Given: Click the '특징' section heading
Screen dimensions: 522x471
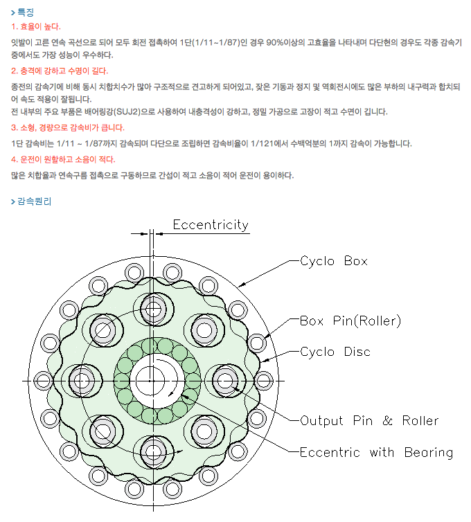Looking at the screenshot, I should (26, 12).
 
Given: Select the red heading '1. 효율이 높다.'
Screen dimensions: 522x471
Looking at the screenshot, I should (36, 26).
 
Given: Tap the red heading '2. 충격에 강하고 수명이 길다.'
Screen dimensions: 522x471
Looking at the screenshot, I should (60, 71).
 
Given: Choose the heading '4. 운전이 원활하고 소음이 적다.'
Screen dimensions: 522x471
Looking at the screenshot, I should (63, 159).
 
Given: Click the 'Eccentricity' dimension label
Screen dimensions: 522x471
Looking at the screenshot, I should (210, 225).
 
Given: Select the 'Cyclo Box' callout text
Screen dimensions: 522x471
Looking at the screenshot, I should (333, 262).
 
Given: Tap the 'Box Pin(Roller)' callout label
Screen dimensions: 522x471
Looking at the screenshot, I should (350, 321).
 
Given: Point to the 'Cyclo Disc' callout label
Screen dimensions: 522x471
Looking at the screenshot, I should (335, 352).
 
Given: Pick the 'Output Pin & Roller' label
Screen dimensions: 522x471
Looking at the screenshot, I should (368, 420).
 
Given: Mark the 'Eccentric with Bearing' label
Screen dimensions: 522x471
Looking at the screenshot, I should (375, 453).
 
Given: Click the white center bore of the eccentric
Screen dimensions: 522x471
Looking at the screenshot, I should (150, 379).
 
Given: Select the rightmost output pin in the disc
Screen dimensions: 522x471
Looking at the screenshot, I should (226, 379).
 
